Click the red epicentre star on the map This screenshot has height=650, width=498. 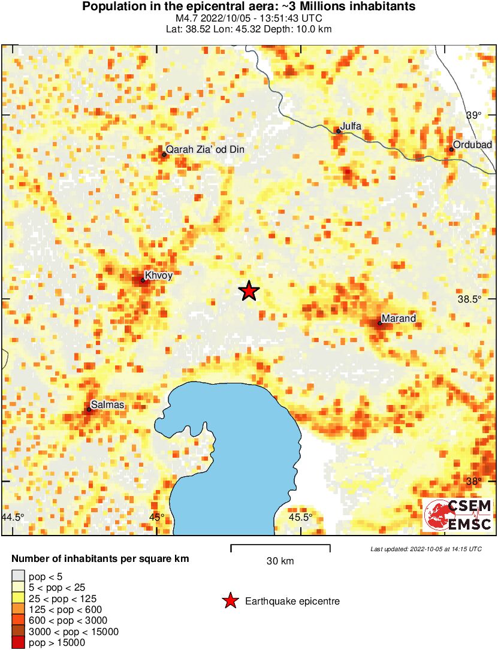tap(249, 291)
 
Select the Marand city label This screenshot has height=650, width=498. tap(399, 319)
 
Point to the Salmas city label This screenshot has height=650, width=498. tap(107, 405)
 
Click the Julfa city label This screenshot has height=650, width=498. tap(351, 126)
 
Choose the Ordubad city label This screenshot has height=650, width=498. tap(472, 145)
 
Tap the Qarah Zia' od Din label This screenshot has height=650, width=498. tap(206, 150)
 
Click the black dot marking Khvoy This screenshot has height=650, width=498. tap(143, 280)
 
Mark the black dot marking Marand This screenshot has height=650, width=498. tap(380, 323)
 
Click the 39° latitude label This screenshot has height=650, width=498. tap(474, 115)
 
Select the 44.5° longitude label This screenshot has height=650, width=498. tap(13, 517)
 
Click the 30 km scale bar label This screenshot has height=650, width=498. tap(280, 561)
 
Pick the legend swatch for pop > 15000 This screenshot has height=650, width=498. tap(19, 642)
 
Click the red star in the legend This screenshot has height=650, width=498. tap(230, 601)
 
